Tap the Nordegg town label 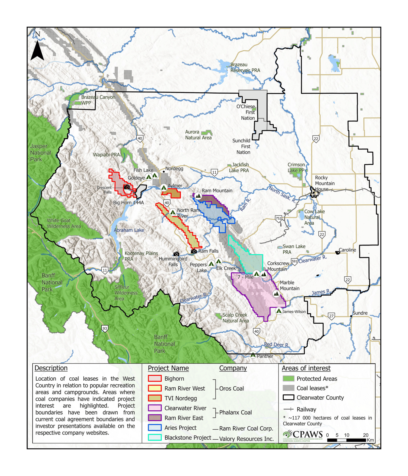pyautogui.click(x=174, y=168)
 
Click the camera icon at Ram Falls pyautogui.click(x=194, y=251)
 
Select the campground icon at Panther pyautogui.click(x=253, y=355)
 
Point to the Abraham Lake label pyautogui.click(x=129, y=230)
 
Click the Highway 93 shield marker pyautogui.click(x=105, y=329)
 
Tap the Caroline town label pyautogui.click(x=347, y=250)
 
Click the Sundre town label pyautogui.click(x=360, y=313)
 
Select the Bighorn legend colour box pyautogui.click(x=155, y=378)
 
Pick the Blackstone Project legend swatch pyautogui.click(x=155, y=437)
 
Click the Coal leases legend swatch pyautogui.click(x=289, y=388)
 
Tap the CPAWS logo pyautogui.click(x=303, y=436)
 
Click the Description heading pyautogui.click(x=51, y=368)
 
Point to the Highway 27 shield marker pyautogui.click(x=331, y=316)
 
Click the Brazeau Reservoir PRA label pyautogui.click(x=245, y=68)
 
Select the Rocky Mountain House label pyautogui.click(x=325, y=183)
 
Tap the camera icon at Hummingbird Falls pyautogui.click(x=176, y=254)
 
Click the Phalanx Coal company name pyautogui.click(x=236, y=412)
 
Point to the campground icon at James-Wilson pyautogui.click(x=278, y=311)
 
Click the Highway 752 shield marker pyautogui.click(x=278, y=219)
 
